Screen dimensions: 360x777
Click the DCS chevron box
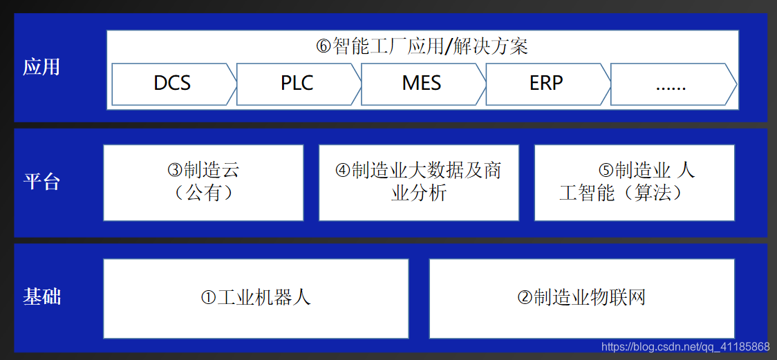click(x=173, y=84)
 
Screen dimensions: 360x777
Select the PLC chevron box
click(x=297, y=84)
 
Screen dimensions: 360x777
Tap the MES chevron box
click(x=422, y=84)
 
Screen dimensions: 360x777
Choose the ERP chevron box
click(x=546, y=84)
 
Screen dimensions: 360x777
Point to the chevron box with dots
click(x=671, y=84)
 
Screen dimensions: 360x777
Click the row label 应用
click(x=42, y=67)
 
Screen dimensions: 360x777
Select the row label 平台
click(x=42, y=182)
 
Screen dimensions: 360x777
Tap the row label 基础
click(x=42, y=297)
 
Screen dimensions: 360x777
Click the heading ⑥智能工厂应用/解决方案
click(x=422, y=46)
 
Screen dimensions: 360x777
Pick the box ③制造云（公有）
click(x=203, y=182)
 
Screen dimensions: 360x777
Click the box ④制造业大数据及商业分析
click(x=418, y=182)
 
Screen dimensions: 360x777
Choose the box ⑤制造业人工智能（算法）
click(x=634, y=182)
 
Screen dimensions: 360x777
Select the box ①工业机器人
click(x=256, y=298)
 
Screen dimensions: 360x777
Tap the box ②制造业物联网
click(x=581, y=298)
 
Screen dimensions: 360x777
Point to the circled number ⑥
click(x=324, y=47)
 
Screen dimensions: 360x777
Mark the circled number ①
click(x=209, y=299)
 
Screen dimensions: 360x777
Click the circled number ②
click(x=525, y=299)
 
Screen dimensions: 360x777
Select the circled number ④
click(x=343, y=171)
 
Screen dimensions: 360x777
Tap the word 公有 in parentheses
click(x=204, y=193)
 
